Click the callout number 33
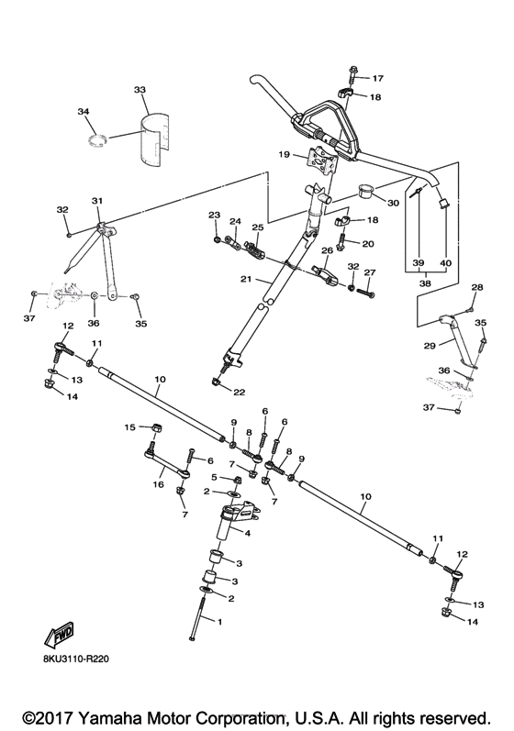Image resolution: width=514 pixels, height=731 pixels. click(140, 90)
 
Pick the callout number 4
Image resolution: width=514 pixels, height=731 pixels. click(247, 531)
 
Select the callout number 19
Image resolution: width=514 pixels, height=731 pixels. click(284, 155)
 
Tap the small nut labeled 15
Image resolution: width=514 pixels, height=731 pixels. click(157, 427)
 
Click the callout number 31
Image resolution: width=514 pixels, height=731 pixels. click(97, 201)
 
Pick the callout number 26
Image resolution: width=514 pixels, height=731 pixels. click(326, 250)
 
